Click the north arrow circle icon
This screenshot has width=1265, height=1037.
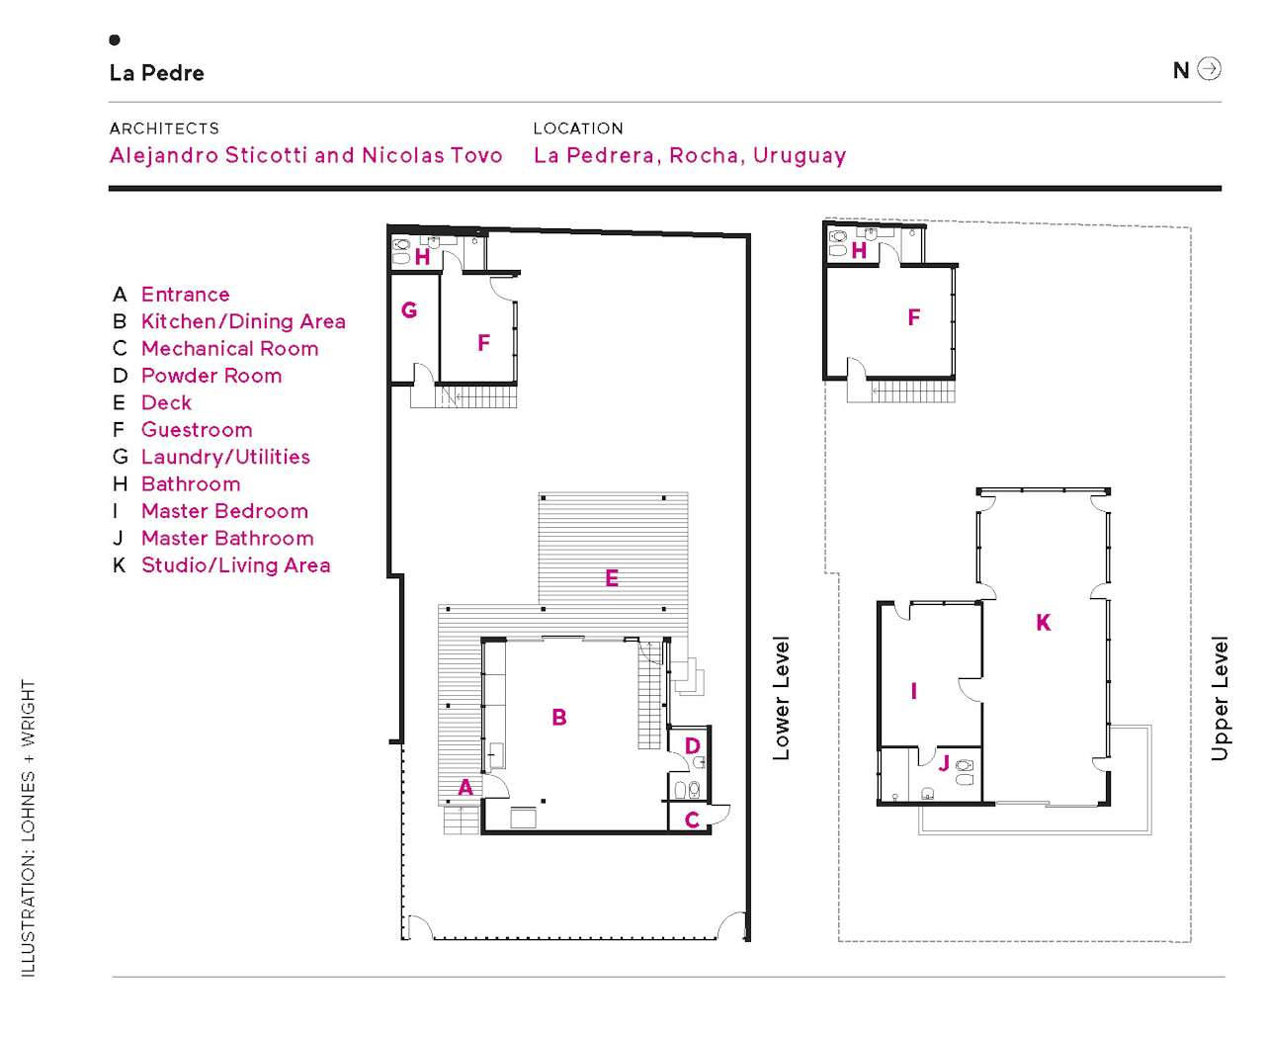coord(1210,69)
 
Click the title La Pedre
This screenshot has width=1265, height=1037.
coord(157,73)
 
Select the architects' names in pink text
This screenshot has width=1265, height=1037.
coord(306,155)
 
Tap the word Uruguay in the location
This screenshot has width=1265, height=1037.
coord(800,156)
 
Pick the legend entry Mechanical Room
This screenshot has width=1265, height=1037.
coord(229,349)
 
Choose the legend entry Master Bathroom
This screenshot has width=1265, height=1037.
coord(227,539)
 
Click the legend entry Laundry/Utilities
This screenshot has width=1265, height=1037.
coord(225,457)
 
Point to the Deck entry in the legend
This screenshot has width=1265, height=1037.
coord(166,403)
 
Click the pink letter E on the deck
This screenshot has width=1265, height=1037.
coord(612,578)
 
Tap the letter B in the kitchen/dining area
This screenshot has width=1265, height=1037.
coord(559,718)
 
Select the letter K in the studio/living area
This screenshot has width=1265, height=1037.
coord(1044,623)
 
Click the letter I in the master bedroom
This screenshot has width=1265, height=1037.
coord(913,691)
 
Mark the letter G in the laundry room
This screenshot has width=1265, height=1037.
coord(409,310)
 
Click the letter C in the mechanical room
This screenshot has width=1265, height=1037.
coord(692,820)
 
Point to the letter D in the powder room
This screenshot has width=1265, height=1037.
coord(693,746)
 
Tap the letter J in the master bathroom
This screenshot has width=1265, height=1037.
coord(944,763)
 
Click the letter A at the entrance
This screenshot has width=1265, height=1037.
coord(465,788)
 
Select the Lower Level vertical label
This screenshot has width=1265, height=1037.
coord(782,698)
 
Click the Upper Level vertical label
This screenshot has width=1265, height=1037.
coord(1221,698)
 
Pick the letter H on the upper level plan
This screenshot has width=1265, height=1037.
coord(859,251)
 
